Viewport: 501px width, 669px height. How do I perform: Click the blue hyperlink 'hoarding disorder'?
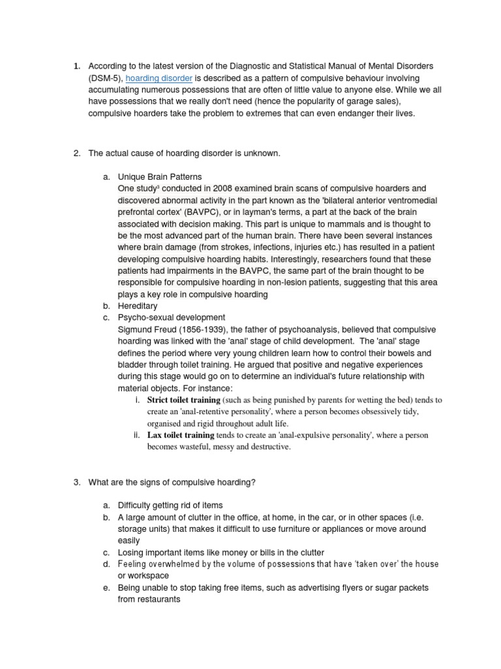pyautogui.click(x=159, y=78)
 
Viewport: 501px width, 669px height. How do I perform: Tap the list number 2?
pyautogui.click(x=76, y=153)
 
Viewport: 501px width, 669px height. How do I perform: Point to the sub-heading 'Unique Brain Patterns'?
pyautogui.click(x=160, y=176)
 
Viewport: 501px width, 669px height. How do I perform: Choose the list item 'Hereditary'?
pyautogui.click(x=138, y=306)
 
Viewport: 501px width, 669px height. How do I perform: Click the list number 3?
pyautogui.click(x=76, y=482)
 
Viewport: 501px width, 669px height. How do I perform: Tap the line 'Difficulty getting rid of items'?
pyautogui.click(x=170, y=505)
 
